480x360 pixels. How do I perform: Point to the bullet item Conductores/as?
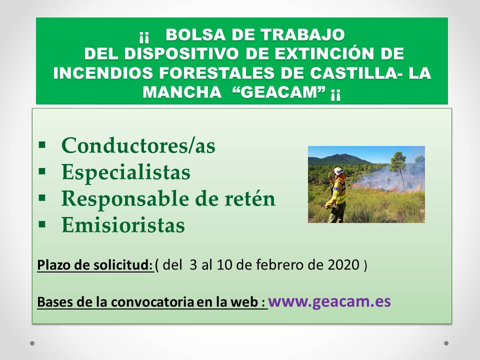(138, 145)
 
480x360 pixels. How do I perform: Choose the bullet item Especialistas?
(126, 171)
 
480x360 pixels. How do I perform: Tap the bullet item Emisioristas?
(123, 225)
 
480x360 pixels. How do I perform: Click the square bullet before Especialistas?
(42, 171)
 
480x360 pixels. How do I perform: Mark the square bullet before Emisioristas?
(42, 224)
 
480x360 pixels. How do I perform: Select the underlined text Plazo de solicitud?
(95, 265)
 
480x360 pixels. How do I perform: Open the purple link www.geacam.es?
(329, 301)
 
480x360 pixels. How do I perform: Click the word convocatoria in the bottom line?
(152, 302)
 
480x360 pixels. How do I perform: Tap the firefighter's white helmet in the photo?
(338, 171)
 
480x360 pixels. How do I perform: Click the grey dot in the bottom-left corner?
(32, 343)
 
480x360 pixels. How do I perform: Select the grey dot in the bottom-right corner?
(446, 343)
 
